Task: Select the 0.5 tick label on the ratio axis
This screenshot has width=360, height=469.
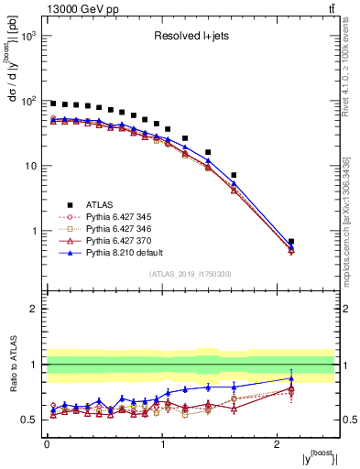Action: coord(29,420)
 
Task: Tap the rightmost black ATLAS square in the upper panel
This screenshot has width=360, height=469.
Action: coord(291,242)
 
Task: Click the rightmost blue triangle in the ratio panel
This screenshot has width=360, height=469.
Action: coord(291,378)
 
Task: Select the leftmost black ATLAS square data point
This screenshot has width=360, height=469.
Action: coord(53,104)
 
